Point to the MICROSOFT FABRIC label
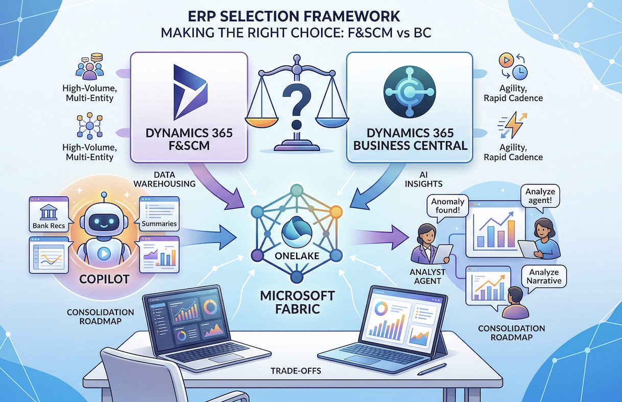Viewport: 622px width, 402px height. click(297, 302)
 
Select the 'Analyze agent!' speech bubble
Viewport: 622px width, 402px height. click(540, 195)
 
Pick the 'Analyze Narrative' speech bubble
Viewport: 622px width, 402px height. click(545, 277)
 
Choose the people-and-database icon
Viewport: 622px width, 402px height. click(90, 69)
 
